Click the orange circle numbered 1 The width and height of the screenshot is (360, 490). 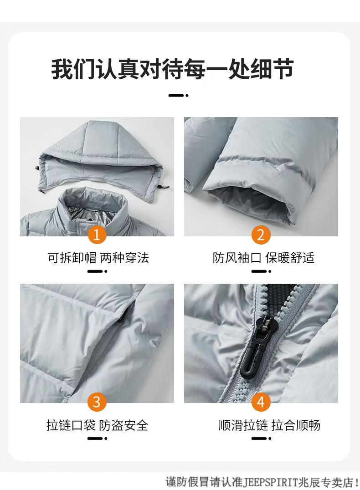(97, 235)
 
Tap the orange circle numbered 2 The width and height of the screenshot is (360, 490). (261, 235)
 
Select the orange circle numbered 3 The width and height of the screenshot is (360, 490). (97, 402)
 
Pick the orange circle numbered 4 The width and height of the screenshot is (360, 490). (261, 402)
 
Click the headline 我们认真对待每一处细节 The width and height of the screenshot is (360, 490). (172, 69)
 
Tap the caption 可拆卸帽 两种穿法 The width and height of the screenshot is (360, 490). (98, 258)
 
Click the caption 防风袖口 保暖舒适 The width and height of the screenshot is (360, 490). (263, 258)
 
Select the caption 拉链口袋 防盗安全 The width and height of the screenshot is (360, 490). (97, 425)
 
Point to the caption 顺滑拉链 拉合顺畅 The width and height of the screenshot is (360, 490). (269, 425)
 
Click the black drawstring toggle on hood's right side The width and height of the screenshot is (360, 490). (163, 187)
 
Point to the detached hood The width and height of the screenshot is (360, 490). (101, 159)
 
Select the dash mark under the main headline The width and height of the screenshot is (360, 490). (178, 95)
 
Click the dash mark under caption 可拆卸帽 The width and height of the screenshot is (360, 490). (97, 271)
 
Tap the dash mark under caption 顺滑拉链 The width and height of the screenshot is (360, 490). (261, 439)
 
